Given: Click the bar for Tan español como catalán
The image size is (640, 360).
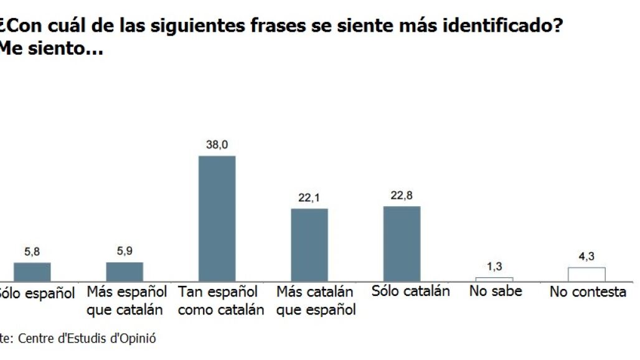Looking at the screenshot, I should tap(217, 218).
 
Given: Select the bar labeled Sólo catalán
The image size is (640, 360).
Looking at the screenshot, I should tap(402, 244).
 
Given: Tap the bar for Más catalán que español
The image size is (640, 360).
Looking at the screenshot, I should tap(309, 245).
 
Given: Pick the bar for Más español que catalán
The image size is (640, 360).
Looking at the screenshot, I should tap(125, 272).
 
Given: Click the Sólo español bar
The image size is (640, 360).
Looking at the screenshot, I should tap(32, 272).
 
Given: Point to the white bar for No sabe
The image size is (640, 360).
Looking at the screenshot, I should tap(494, 279).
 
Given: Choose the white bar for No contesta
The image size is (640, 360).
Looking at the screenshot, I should tap(586, 274).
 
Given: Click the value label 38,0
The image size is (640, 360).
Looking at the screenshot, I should tap(217, 144).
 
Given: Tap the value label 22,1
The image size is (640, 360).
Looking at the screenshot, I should tap(309, 197).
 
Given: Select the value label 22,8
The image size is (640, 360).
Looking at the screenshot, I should tap(402, 196).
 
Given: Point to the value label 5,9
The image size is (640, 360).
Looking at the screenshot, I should tap(125, 252).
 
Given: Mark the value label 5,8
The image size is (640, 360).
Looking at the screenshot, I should tap(32, 252).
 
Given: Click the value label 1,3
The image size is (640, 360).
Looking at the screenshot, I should tap(494, 267).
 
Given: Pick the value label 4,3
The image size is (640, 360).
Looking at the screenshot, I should tap(586, 257).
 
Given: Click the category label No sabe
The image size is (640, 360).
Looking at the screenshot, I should tap(496, 291).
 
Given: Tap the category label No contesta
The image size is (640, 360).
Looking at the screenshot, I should tap(587, 291).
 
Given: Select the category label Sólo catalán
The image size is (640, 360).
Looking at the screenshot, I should tap(410, 291).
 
